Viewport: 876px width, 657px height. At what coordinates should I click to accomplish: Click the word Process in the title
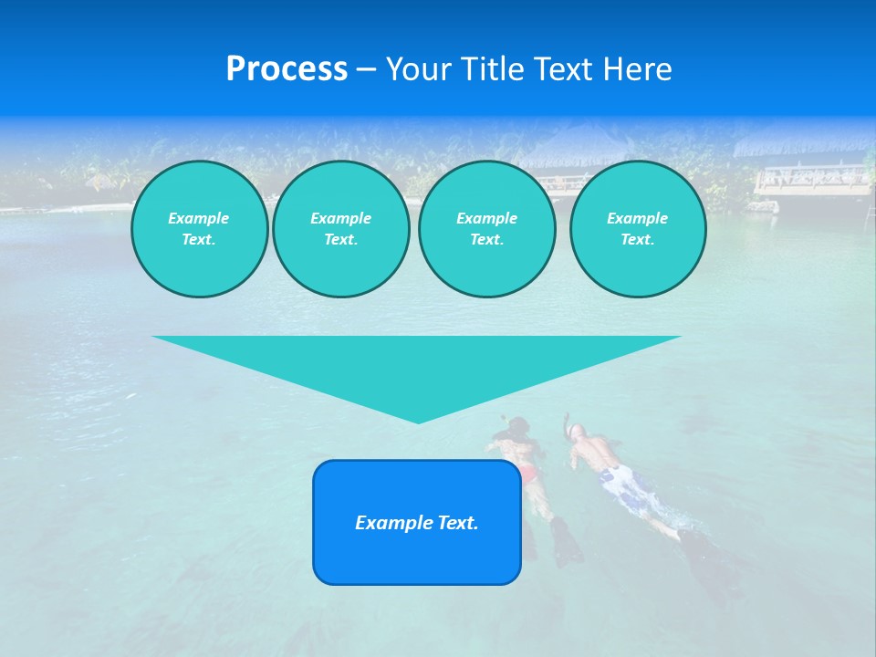point(287,69)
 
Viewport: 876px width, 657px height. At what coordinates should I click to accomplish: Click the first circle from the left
point(199,229)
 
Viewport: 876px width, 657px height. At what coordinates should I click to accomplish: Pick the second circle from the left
point(340,229)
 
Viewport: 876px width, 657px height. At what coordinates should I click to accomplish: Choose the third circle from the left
point(486,229)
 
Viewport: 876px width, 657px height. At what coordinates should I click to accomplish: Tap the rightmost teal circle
point(637,229)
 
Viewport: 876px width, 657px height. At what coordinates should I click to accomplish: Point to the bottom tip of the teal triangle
point(418,422)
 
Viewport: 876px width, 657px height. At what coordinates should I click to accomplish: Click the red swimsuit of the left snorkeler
point(527,474)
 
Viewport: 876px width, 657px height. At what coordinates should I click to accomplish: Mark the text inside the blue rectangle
point(417,523)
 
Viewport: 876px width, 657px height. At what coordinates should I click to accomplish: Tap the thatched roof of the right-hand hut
point(803,146)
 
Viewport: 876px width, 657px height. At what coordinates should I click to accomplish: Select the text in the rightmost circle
point(637,229)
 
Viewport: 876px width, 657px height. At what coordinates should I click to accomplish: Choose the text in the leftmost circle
point(199,229)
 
